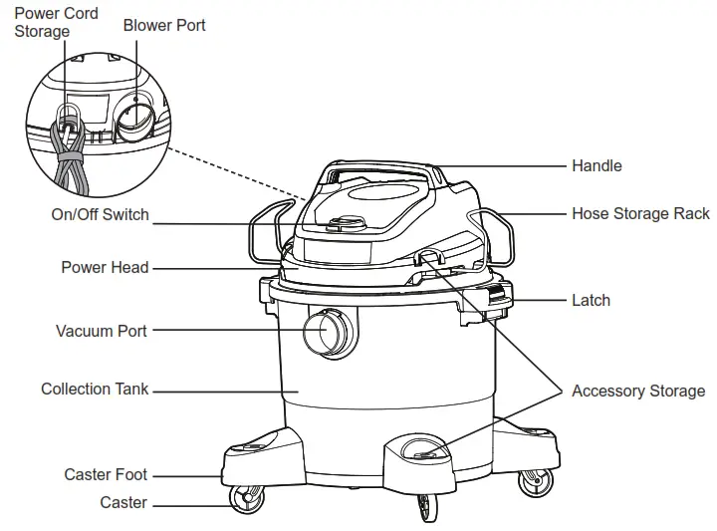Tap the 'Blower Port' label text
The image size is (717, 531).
164,25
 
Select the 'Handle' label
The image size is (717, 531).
597,165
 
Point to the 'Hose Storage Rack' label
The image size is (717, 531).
640,213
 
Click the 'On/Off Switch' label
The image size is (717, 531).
100,214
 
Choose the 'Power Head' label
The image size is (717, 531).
105,267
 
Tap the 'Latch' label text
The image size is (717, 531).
591,300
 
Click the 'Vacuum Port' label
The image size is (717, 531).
101,330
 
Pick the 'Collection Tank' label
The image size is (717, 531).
95,389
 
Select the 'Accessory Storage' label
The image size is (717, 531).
637,392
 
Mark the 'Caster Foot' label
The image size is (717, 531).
106,475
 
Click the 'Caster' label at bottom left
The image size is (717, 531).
123,503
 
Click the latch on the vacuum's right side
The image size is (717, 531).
495,300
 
